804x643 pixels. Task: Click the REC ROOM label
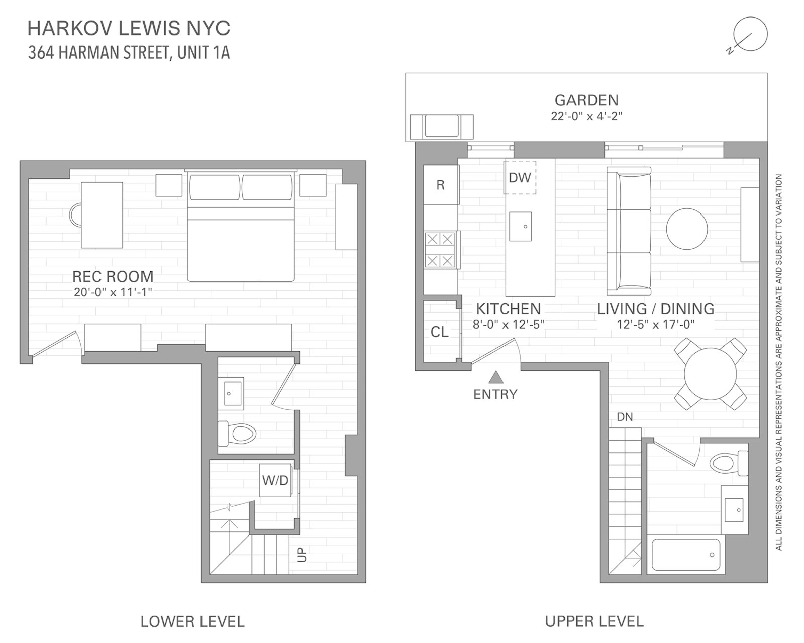113,276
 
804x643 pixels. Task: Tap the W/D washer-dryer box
275,480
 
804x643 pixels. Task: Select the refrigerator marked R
441,185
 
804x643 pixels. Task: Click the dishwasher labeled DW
520,177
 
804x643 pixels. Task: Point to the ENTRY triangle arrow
496,377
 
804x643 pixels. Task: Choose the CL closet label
440,332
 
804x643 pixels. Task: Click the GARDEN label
586,100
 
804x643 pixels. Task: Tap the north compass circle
750,34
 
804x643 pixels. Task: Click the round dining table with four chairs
711,373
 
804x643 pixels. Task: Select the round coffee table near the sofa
687,229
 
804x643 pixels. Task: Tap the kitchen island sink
520,227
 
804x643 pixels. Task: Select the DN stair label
625,417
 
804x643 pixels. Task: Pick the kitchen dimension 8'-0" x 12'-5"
509,325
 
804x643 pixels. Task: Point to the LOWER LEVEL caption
192,622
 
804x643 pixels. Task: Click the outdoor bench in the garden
441,126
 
